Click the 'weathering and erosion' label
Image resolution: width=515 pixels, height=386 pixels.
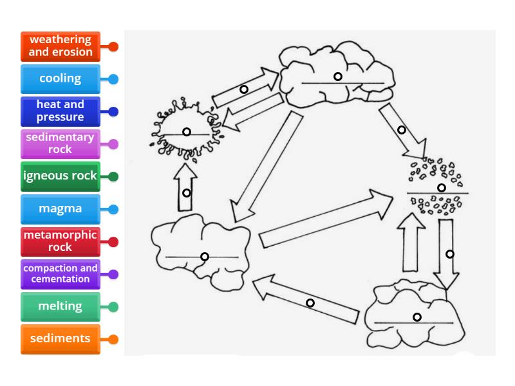[x=61, y=46]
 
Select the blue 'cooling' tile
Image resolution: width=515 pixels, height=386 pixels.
[x=61, y=78]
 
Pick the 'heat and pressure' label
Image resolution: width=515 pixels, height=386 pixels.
[x=61, y=111]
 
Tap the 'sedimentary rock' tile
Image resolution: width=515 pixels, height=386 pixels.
[x=61, y=143]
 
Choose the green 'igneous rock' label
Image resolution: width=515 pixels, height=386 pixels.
[x=61, y=176]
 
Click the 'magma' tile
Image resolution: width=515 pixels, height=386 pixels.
[x=61, y=209]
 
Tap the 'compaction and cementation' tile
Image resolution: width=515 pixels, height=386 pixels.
[x=61, y=274]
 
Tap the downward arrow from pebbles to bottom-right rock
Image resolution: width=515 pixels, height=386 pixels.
[x=446, y=254]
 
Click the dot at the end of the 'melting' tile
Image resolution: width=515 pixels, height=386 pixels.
[x=113, y=307]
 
